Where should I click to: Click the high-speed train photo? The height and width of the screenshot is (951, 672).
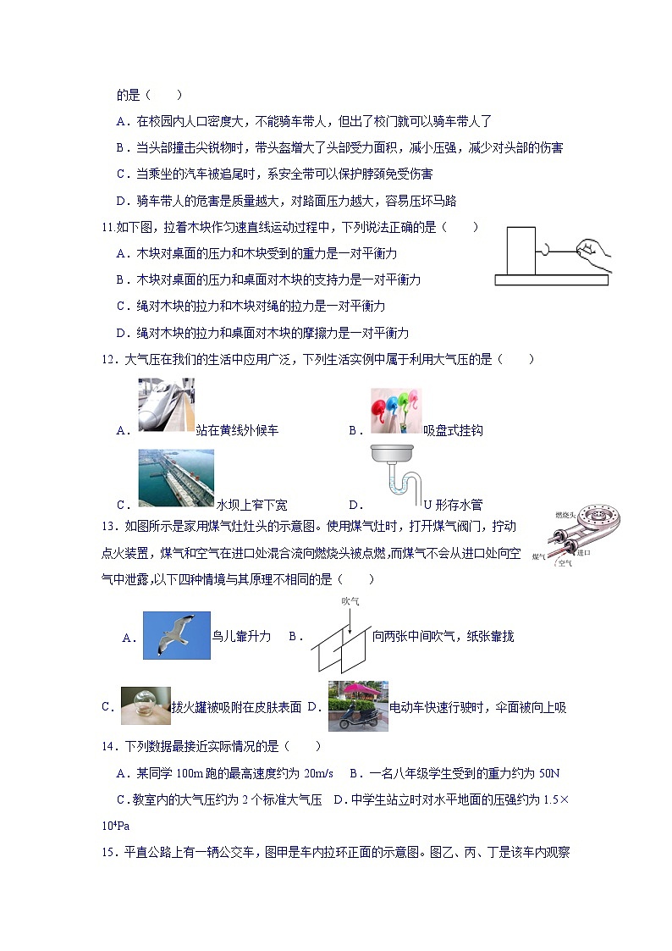(167, 405)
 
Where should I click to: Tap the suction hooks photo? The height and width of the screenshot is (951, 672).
(395, 410)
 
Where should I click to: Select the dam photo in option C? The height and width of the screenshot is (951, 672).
(176, 478)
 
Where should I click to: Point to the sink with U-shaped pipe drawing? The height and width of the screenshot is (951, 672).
(394, 478)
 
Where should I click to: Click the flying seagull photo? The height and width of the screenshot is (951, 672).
(175, 635)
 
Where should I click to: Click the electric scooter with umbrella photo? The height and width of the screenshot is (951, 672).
(357, 705)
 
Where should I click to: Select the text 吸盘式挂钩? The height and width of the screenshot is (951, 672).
(453, 430)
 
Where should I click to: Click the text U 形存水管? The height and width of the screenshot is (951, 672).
(453, 505)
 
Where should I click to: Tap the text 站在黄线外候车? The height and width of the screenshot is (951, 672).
(237, 430)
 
